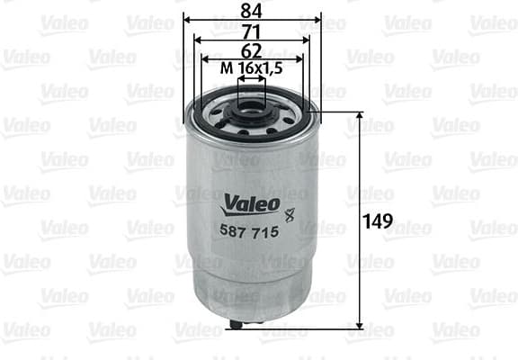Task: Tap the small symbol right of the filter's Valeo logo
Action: (290, 214)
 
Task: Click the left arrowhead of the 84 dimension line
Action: (187, 19)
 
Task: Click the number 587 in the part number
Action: (234, 232)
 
